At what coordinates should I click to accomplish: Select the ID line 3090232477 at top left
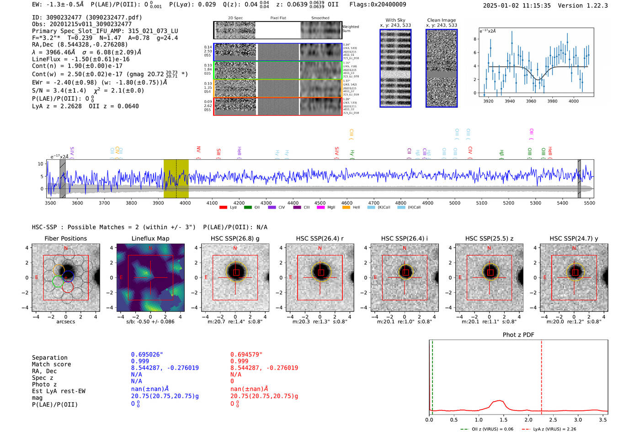(x=87, y=17)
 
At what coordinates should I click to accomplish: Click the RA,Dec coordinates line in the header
(x=80, y=44)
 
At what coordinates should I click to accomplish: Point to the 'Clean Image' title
(x=441, y=20)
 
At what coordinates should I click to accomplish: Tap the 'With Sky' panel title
(x=395, y=20)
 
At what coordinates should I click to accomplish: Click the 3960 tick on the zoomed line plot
(x=531, y=101)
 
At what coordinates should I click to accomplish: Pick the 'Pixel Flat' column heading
(x=278, y=18)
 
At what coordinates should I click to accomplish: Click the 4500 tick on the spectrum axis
(x=320, y=203)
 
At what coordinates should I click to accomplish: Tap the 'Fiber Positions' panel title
(x=65, y=238)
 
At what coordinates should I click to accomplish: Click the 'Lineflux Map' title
(x=150, y=238)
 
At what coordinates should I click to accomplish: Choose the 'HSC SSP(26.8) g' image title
(x=235, y=238)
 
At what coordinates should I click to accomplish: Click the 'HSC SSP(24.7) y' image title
(x=574, y=238)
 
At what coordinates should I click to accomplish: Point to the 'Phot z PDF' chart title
(x=518, y=335)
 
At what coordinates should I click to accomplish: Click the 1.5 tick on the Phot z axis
(x=503, y=420)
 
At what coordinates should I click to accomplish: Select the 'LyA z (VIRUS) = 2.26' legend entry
(x=554, y=429)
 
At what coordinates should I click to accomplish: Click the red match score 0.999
(x=240, y=361)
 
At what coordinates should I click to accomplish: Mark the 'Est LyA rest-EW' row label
(x=59, y=391)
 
